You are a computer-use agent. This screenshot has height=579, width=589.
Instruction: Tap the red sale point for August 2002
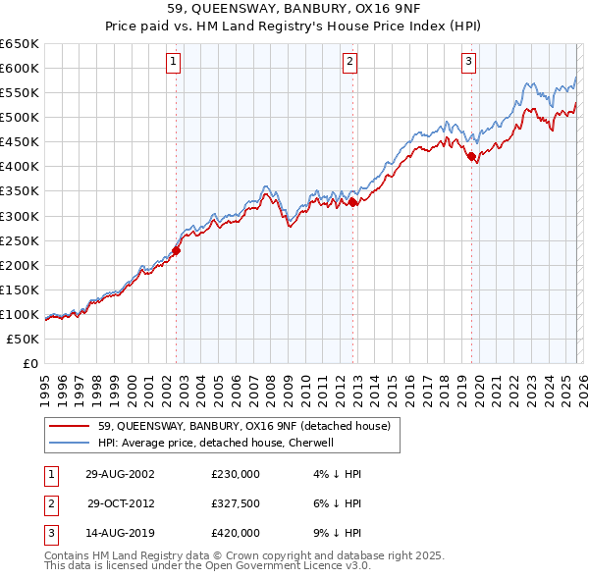pos(177,250)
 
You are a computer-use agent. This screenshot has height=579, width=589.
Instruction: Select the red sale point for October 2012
pos(352,202)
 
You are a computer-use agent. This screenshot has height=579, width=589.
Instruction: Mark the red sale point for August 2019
pos(471,156)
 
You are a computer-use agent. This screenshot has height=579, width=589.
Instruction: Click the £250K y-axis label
pos(21,240)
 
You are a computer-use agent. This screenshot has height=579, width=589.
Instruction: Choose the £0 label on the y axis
pos(32,363)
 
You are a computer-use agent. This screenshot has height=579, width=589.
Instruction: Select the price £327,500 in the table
pos(236,503)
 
